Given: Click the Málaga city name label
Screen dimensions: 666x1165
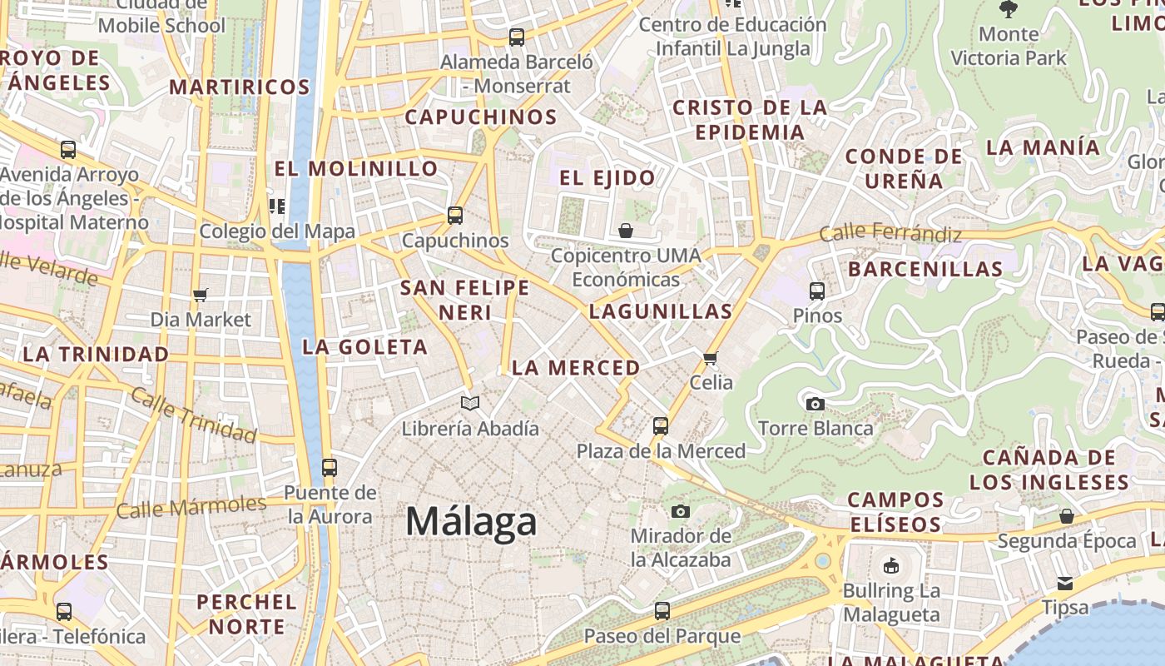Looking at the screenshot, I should pyautogui.click(x=471, y=522).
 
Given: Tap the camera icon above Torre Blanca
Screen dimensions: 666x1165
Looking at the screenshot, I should pyautogui.click(x=815, y=404).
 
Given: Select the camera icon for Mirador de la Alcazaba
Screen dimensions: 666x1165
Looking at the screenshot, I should pyautogui.click(x=681, y=511).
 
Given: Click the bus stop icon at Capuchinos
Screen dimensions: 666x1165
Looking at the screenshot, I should pyautogui.click(x=454, y=216).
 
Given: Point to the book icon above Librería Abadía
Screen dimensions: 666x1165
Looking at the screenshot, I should pyautogui.click(x=470, y=404).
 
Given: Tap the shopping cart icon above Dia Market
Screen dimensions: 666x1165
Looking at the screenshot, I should pyautogui.click(x=200, y=295).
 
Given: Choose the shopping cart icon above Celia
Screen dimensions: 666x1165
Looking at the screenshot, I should pyautogui.click(x=710, y=358).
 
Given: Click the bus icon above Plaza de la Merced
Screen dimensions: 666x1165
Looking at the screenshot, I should pyautogui.click(x=661, y=426).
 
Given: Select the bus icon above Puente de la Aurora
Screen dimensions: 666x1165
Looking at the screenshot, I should pyautogui.click(x=330, y=468).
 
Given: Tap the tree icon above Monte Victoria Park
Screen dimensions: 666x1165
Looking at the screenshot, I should pyautogui.click(x=1009, y=9).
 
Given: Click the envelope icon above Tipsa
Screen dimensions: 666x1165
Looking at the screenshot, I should pyautogui.click(x=1065, y=583).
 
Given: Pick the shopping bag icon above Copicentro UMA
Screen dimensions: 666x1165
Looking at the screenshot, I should pyautogui.click(x=626, y=231).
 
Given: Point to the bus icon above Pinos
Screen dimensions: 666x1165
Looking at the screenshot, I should pyautogui.click(x=817, y=291).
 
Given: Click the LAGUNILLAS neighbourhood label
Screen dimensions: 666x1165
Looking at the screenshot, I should pyautogui.click(x=661, y=312).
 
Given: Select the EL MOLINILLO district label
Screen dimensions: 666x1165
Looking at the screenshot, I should pyautogui.click(x=356, y=168).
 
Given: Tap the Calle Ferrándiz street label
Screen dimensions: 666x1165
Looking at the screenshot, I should pyautogui.click(x=890, y=234).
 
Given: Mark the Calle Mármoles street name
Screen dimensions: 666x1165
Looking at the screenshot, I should pyautogui.click(x=191, y=505).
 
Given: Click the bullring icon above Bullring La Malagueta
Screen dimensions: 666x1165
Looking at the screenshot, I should pyautogui.click(x=891, y=566).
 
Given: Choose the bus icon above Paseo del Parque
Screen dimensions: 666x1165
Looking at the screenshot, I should pyautogui.click(x=662, y=611).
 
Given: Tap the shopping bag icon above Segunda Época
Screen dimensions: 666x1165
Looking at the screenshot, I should pyautogui.click(x=1067, y=516).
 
